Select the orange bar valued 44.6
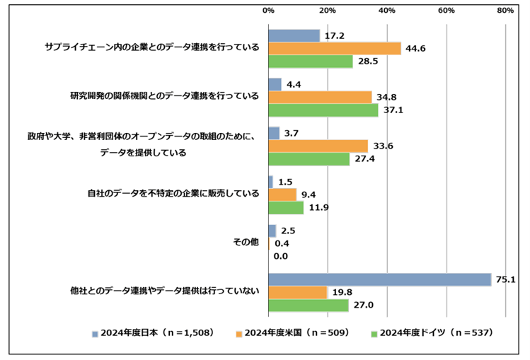coord(334,48)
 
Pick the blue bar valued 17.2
coord(294,35)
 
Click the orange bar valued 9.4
coord(282,194)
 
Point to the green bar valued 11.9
coord(286,207)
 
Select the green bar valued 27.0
coord(308,306)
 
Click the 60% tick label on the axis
coord(446,11)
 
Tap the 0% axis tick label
coord(268,11)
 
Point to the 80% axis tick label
coord(505,11)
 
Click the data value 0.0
coord(280,256)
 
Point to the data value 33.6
coord(383,146)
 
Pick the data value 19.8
coord(341,293)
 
